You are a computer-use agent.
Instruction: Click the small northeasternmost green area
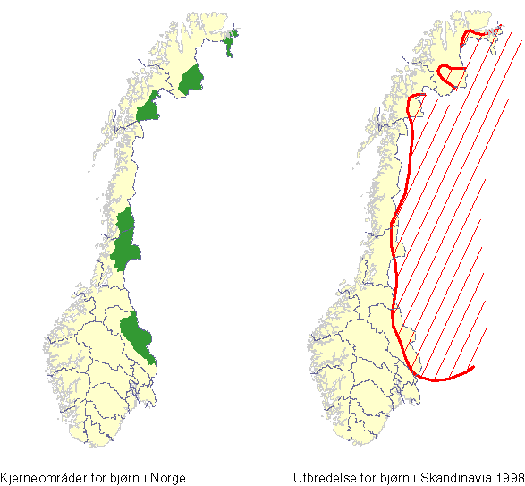coord(233,44)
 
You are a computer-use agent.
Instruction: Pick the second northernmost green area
coord(191,81)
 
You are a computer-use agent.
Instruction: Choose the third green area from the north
coord(148,111)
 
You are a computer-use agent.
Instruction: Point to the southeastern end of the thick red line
coord(472,366)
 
